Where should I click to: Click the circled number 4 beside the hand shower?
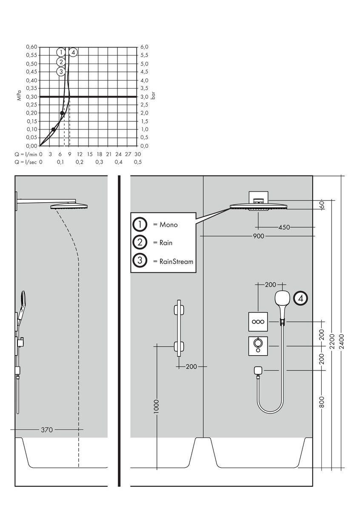[301, 299]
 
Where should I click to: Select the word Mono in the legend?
[169, 225]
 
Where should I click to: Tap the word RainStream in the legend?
[176, 261]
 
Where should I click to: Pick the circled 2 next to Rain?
[140, 243]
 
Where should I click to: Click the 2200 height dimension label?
[332, 341]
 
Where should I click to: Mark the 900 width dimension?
[258, 236]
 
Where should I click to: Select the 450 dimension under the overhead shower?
[284, 227]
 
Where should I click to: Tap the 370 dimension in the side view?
[47, 430]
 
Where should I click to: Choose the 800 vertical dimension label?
[322, 402]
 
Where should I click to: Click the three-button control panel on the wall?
[258, 322]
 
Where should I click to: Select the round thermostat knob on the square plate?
[258, 343]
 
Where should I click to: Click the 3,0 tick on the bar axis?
[144, 97]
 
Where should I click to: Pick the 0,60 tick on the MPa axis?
[31, 47]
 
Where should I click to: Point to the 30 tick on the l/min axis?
[137, 154]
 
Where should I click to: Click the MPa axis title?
[19, 97]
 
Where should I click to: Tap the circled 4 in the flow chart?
[73, 52]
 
